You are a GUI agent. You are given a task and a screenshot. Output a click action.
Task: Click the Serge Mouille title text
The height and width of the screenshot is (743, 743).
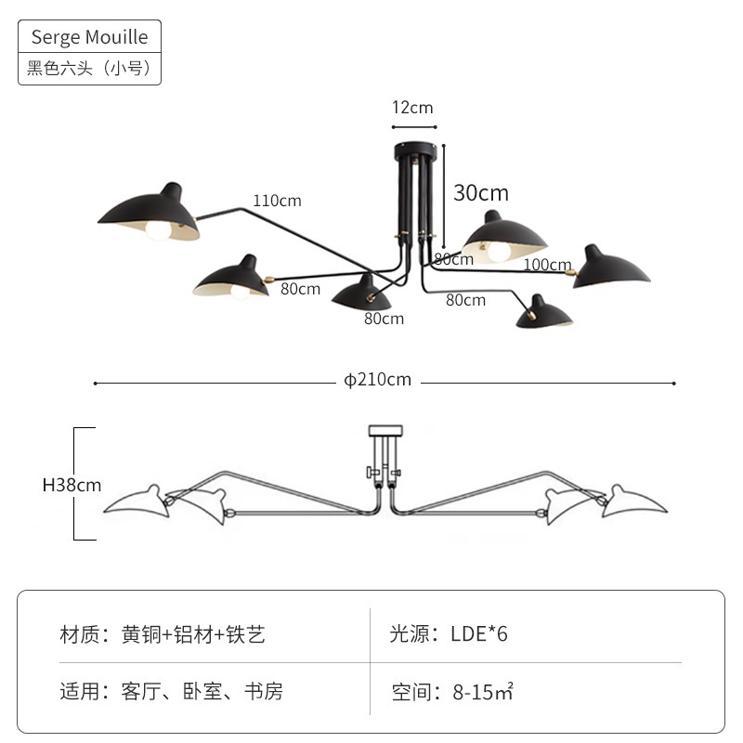tap(89, 37)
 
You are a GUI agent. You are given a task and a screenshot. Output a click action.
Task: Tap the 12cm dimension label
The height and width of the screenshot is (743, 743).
tap(412, 108)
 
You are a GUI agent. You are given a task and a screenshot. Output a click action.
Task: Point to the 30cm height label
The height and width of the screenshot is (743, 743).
tap(481, 193)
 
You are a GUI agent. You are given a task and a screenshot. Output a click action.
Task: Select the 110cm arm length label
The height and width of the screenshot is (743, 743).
tap(277, 201)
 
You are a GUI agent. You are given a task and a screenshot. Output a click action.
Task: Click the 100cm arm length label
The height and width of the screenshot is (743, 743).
tap(547, 265)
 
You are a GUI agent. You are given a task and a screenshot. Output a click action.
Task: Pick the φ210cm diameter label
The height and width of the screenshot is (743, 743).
tap(378, 380)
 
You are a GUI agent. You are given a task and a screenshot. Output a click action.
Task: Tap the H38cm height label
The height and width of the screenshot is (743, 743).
tap(72, 485)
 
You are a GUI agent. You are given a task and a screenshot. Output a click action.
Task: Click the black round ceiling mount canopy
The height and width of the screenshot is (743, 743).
tap(414, 150)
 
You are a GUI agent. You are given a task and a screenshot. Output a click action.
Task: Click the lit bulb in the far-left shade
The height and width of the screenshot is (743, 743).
tap(158, 230)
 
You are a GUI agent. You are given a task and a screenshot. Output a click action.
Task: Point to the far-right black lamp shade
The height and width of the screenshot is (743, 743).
tap(610, 267)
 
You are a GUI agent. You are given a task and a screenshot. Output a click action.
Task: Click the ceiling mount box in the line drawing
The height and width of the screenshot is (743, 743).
tap(385, 431)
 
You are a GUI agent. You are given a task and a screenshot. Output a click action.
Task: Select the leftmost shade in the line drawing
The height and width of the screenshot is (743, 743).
tap(137, 502)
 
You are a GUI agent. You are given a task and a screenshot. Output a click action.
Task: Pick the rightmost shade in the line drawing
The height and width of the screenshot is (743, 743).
tap(634, 502)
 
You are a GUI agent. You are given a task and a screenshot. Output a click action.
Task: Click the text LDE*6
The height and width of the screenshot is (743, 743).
tap(478, 633)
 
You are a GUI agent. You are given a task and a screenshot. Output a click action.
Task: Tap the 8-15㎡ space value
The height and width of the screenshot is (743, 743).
tap(483, 692)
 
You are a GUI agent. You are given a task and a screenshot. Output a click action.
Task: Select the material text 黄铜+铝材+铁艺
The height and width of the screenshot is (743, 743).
tap(193, 634)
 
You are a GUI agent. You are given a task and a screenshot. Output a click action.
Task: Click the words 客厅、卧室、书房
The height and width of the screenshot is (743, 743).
tap(202, 691)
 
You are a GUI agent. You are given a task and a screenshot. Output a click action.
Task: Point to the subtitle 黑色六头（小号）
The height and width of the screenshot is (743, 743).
tap(89, 68)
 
